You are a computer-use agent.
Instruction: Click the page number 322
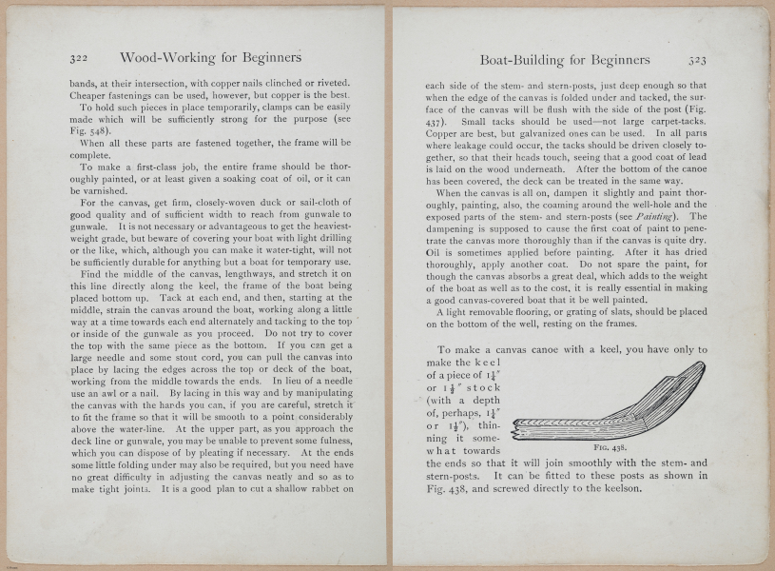79,58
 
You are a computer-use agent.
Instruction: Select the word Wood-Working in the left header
165,58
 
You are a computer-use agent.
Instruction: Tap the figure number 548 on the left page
104,131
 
